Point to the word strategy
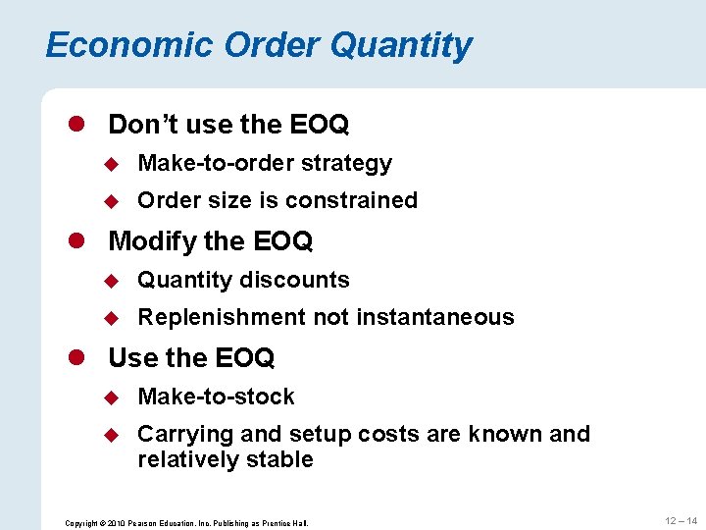coord(347,164)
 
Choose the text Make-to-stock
coord(216,397)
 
